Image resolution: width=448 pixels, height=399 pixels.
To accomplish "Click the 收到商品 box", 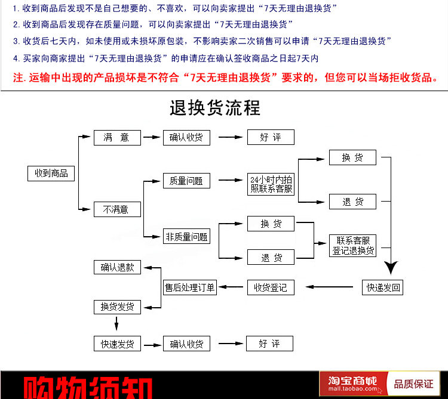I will tap(51, 174).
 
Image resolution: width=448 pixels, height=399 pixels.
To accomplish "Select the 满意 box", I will tap(116, 138).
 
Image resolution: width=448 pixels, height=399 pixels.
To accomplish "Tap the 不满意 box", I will tap(116, 209).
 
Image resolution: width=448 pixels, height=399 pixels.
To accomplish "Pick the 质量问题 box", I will tap(186, 181).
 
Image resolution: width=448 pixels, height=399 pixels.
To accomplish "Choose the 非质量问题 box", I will tap(186, 237).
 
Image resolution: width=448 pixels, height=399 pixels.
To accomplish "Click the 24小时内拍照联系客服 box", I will tap(271, 184).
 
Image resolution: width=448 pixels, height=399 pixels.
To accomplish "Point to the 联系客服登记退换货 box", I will tap(354, 246).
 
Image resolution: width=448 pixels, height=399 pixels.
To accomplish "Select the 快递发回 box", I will tap(383, 287).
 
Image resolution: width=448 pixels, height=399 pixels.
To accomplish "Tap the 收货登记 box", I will tap(271, 287).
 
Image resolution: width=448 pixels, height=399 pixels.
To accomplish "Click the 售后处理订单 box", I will tap(190, 287).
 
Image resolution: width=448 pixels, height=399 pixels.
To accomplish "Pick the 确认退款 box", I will tap(117, 267).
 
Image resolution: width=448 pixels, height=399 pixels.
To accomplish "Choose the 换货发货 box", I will tap(117, 307).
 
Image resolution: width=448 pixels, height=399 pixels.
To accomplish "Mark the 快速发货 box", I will tap(117, 344).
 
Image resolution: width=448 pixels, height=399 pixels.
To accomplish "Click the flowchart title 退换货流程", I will tap(215, 109).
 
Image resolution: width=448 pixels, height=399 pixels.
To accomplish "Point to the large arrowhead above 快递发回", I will tap(391, 265).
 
